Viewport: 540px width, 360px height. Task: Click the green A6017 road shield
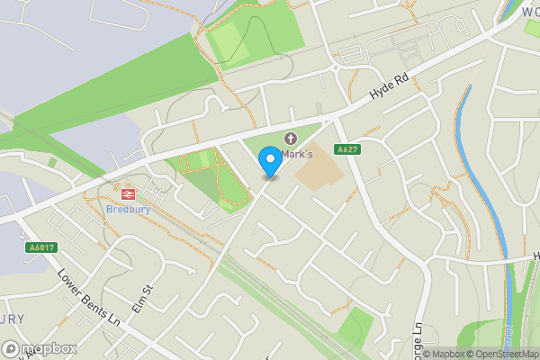(x=37, y=247)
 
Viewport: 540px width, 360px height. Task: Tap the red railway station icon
(x=128, y=193)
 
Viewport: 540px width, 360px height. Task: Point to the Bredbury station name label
(x=128, y=209)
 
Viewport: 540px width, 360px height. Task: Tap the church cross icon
(x=290, y=139)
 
